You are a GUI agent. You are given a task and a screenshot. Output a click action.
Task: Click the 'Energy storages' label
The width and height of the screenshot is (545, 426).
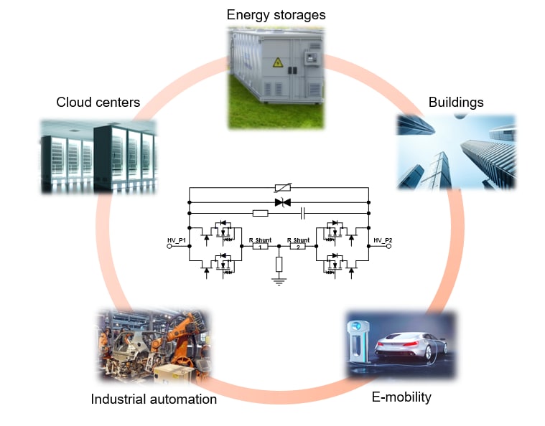pyautogui.click(x=276, y=14)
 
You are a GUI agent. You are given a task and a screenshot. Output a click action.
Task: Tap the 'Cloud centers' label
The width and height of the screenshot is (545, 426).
pyautogui.click(x=98, y=103)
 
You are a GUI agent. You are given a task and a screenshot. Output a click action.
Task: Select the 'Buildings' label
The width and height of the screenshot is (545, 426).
pyautogui.click(x=456, y=102)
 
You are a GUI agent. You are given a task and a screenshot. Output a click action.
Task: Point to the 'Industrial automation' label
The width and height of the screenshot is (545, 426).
pyautogui.click(x=154, y=399)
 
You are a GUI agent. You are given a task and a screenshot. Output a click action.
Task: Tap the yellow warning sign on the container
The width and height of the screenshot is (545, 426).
pyautogui.click(x=276, y=62)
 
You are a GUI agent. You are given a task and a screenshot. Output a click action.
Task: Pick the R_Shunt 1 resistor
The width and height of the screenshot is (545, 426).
pyautogui.click(x=260, y=245)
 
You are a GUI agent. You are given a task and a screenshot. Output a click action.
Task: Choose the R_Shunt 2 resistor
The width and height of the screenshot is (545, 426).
pyautogui.click(x=298, y=245)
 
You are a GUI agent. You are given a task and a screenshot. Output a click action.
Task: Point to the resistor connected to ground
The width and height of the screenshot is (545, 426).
pyautogui.click(x=279, y=264)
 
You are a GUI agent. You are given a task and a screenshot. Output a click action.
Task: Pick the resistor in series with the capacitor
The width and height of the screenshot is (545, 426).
pyautogui.click(x=261, y=213)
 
